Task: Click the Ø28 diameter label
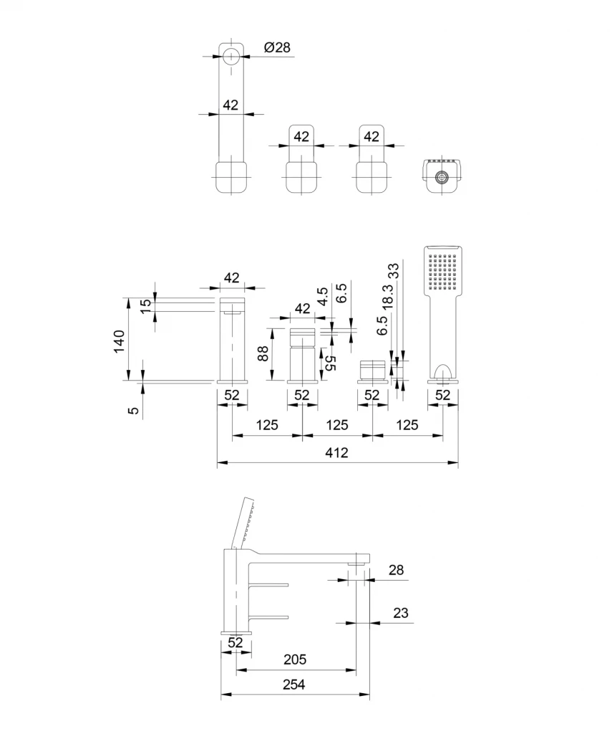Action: pos(277,48)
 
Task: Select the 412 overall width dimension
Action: pos(336,453)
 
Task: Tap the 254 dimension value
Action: pos(293,685)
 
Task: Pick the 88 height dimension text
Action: pos(263,353)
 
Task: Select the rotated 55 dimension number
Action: pos(331,362)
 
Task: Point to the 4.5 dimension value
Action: pos(322,297)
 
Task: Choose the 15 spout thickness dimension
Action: pos(145,305)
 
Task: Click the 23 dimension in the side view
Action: pos(401,613)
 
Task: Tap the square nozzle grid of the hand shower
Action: pos(443,270)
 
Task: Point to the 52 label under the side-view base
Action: pos(235,644)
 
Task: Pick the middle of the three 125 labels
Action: pos(336,425)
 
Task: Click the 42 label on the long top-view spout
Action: pos(230,105)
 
